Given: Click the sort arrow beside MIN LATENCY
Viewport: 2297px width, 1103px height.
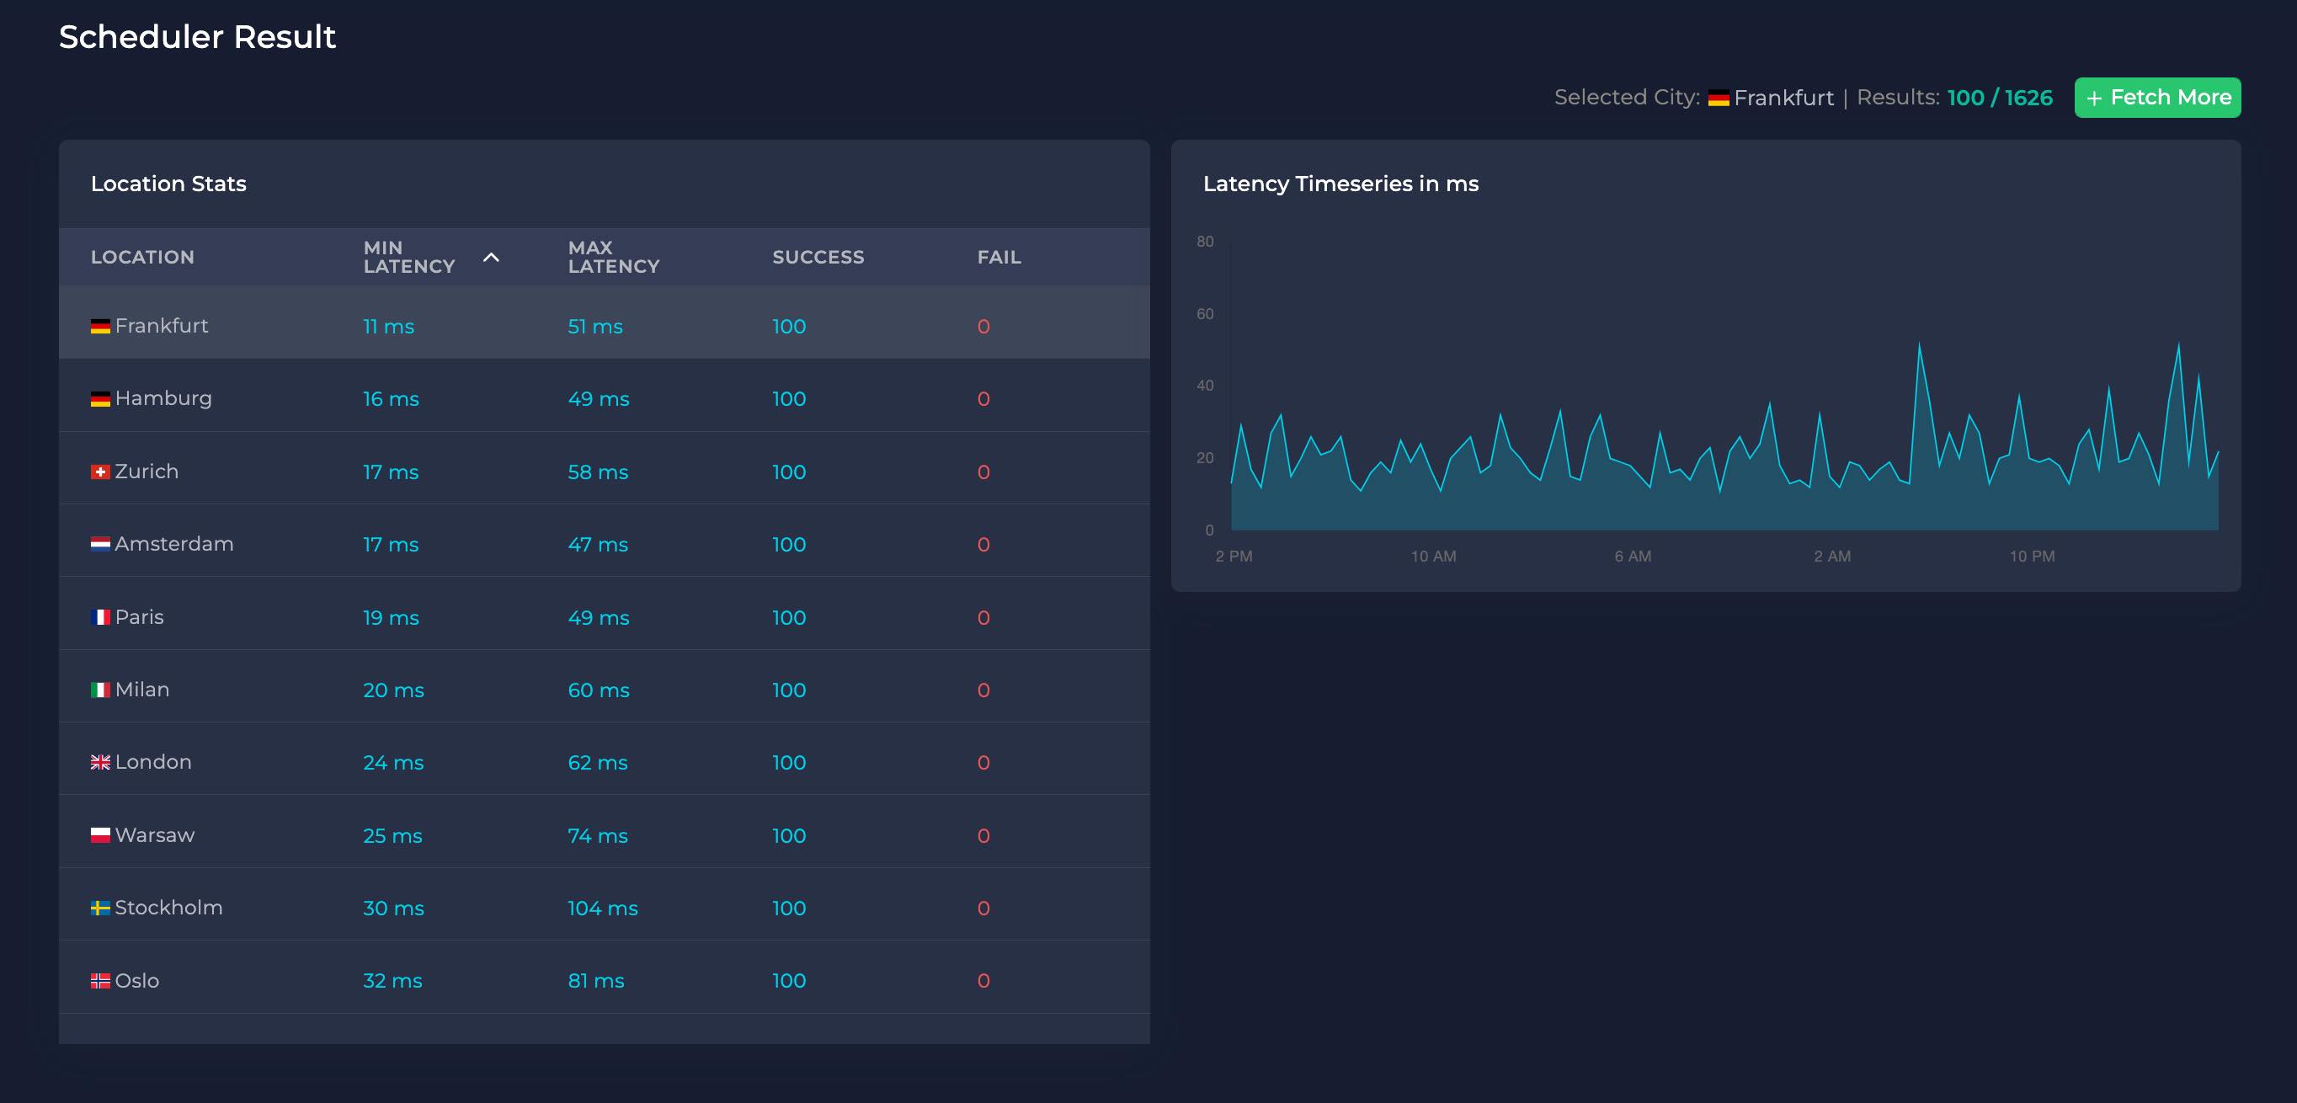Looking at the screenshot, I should click(490, 257).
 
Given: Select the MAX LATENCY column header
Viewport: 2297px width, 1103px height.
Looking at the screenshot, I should click(613, 257).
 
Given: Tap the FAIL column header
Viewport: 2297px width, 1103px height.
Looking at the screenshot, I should click(998, 257).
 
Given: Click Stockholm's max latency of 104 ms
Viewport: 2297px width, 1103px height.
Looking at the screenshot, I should click(602, 908).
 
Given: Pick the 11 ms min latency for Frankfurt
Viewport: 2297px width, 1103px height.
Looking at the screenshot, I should click(388, 327).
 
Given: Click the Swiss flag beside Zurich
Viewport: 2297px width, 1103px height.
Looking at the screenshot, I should click(100, 472).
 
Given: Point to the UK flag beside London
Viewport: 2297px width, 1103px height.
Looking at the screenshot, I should click(100, 762).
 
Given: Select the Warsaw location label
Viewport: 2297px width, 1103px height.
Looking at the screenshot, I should click(154, 835).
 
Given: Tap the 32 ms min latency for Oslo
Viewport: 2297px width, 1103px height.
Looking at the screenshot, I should click(392, 981).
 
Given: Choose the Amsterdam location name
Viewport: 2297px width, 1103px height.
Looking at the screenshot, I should click(174, 544).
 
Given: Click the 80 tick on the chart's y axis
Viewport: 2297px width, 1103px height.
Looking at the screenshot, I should click(1205, 242).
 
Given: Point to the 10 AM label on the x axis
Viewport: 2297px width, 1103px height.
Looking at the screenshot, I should click(1433, 557).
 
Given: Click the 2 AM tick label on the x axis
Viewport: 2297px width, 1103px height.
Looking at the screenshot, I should click(1831, 557).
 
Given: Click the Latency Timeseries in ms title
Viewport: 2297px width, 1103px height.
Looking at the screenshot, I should click(1340, 184).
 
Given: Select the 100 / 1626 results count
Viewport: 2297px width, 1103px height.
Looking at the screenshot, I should click(1999, 97).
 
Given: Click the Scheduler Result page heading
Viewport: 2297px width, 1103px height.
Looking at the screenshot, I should click(197, 36).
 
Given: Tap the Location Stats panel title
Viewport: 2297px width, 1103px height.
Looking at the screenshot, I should click(168, 184).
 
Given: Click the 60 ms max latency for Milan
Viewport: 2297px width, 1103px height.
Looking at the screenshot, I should click(598, 690).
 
